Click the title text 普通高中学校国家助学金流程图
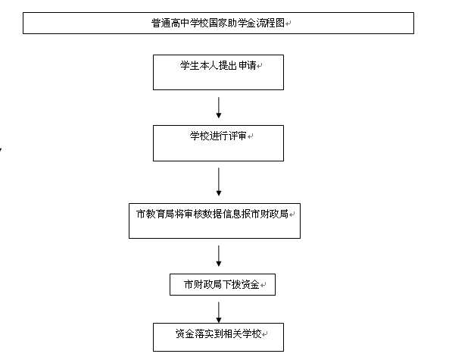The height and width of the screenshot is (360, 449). (218, 23)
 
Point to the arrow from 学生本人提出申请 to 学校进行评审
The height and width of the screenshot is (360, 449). (219, 108)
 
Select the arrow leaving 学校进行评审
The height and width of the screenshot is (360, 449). (219, 182)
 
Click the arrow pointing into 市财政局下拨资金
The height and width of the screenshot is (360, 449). (219, 256)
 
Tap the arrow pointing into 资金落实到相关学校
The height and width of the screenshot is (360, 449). (219, 312)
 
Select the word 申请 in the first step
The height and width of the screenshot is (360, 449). (247, 65)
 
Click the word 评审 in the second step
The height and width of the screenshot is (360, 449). (237, 136)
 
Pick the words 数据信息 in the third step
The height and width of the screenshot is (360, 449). (222, 214)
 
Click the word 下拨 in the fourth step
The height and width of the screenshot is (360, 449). (232, 284)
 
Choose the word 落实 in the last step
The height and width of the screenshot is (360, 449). (204, 334)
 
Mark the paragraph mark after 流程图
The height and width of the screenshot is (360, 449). (288, 23)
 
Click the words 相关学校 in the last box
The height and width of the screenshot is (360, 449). (242, 334)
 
